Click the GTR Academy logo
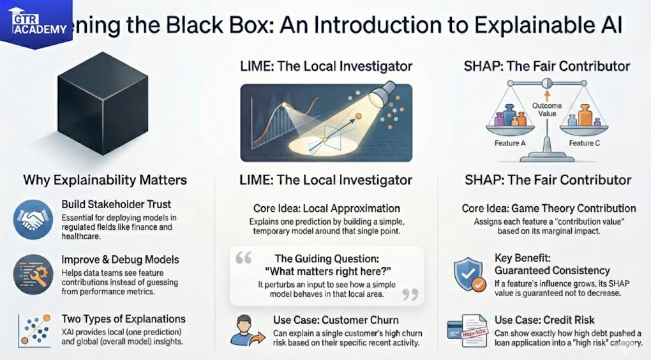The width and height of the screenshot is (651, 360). point(36,24)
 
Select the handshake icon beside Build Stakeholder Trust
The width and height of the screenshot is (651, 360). point(33,220)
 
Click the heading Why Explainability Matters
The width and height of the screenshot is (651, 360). point(105,180)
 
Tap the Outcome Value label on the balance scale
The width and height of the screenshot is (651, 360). point(546,110)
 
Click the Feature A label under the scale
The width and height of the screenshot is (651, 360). point(510,143)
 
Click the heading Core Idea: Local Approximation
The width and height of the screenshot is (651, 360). point(325,209)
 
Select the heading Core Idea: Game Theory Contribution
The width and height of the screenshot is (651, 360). point(549,209)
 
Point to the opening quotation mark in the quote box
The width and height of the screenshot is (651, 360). point(244,257)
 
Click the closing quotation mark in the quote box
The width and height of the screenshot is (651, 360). point(410,293)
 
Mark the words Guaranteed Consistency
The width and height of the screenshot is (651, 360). point(553,271)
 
